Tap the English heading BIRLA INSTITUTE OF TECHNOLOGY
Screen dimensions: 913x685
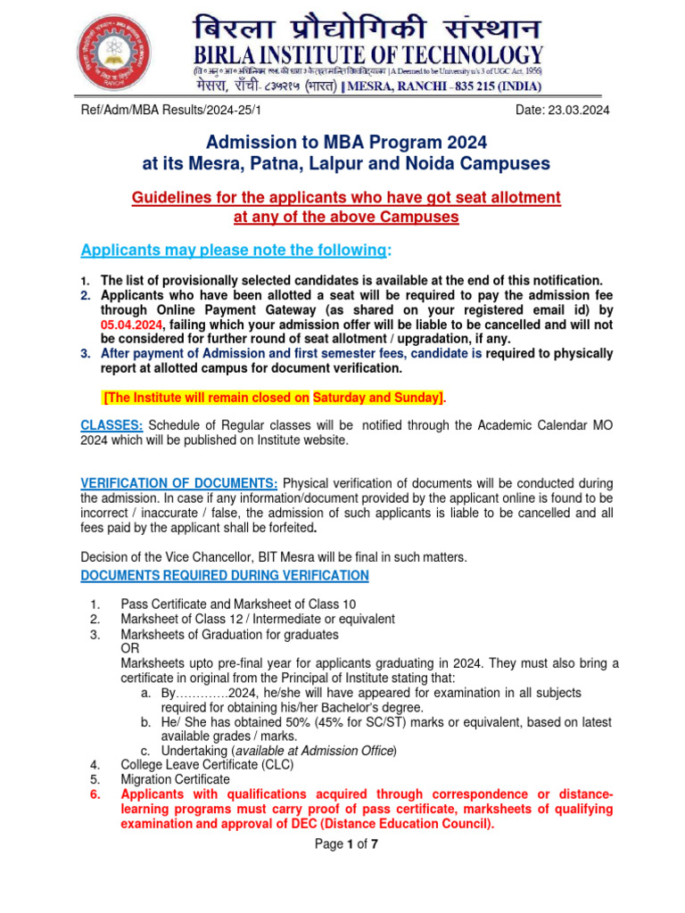click(367, 55)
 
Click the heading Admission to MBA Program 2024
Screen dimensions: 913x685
click(347, 142)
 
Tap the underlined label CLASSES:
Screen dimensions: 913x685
click(111, 424)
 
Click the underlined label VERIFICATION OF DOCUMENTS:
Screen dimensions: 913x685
click(179, 482)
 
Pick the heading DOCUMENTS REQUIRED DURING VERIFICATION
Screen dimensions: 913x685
click(225, 575)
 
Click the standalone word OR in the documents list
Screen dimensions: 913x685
click(130, 649)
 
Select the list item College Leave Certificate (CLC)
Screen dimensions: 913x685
click(207, 764)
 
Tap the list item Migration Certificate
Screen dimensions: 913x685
click(175, 779)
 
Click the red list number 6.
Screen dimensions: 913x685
click(95, 794)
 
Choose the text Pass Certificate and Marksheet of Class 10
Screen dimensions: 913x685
click(238, 604)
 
